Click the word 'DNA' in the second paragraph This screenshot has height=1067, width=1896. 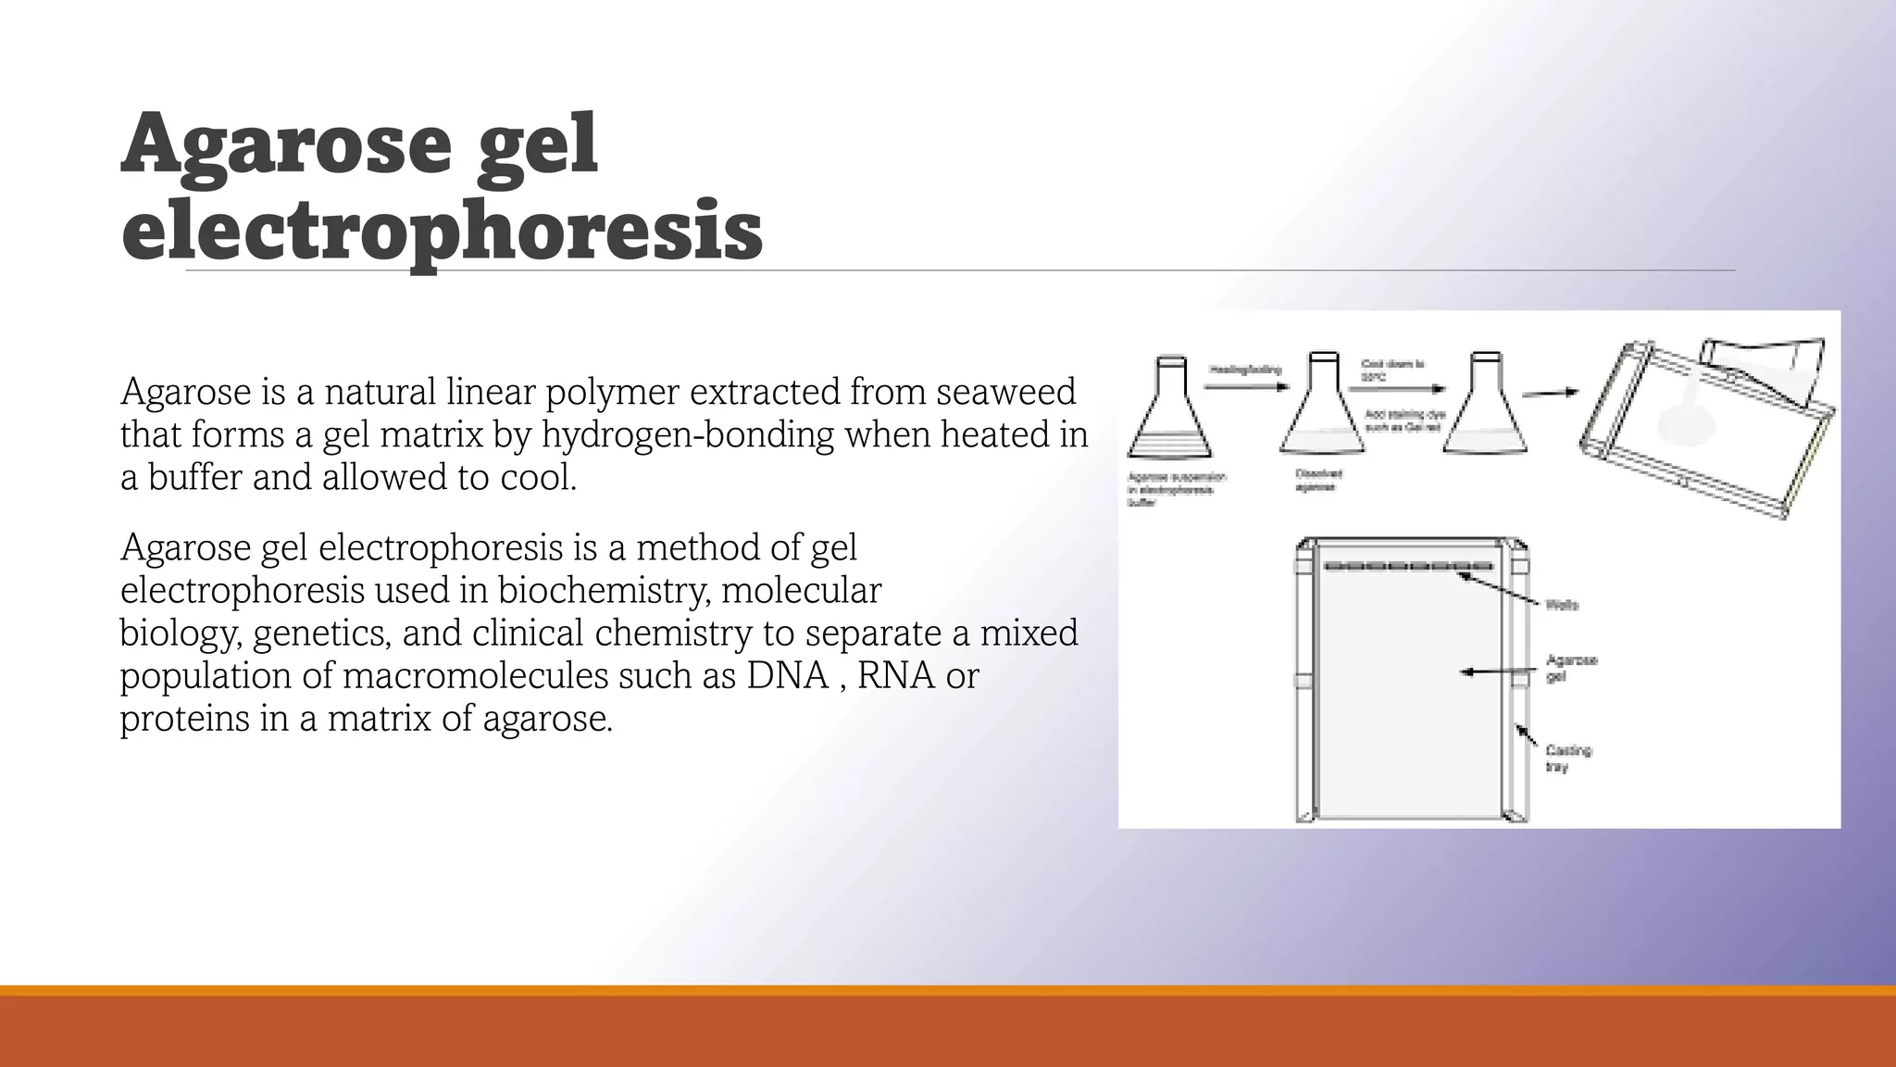(787, 675)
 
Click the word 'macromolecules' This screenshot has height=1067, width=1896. (475, 675)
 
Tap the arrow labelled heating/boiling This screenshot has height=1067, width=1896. (1246, 386)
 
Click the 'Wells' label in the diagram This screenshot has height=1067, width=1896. (1562, 605)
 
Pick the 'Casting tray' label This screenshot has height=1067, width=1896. (1567, 758)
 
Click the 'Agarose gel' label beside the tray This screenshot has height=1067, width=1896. (1571, 668)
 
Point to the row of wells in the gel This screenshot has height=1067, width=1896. (1408, 566)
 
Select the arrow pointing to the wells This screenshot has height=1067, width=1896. (1500, 587)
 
